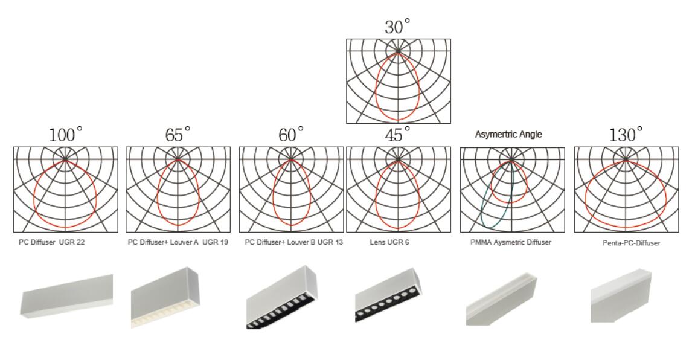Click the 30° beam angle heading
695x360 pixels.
coord(397,27)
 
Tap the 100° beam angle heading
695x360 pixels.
coord(66,135)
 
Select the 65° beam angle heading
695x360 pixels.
coord(178,135)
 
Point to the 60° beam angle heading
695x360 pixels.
coord(291,135)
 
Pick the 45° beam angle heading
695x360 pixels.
coord(397,135)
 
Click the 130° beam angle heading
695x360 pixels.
coord(626,135)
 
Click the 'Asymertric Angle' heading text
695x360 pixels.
coord(508,134)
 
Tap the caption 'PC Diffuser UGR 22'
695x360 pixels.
coord(51,242)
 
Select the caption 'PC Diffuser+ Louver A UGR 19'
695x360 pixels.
coord(178,242)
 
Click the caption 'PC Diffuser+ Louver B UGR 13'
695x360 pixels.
coord(294,242)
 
